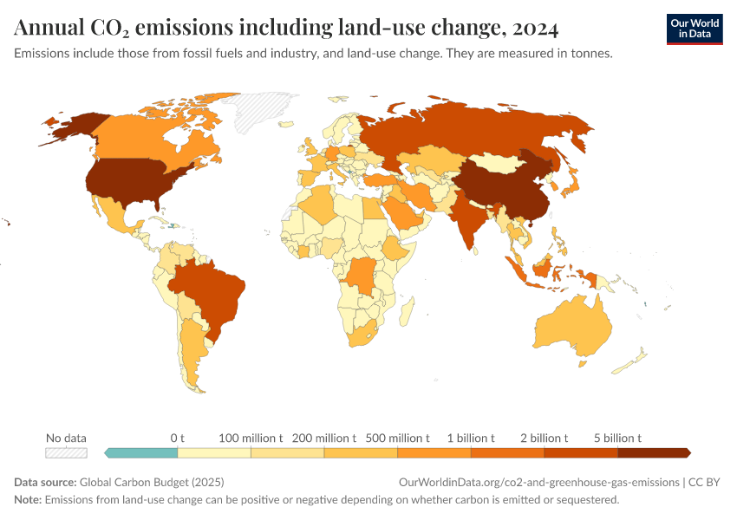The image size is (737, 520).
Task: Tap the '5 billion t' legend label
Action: point(617,438)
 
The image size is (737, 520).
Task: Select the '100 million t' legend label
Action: point(251,438)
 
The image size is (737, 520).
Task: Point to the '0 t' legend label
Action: point(178,438)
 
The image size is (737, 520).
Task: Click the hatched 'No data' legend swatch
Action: point(67,452)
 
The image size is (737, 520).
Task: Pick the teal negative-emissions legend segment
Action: point(140,452)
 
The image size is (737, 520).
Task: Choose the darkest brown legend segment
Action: point(653,452)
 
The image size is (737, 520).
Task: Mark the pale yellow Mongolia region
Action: point(503,162)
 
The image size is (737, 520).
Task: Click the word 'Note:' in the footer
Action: point(28,500)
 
